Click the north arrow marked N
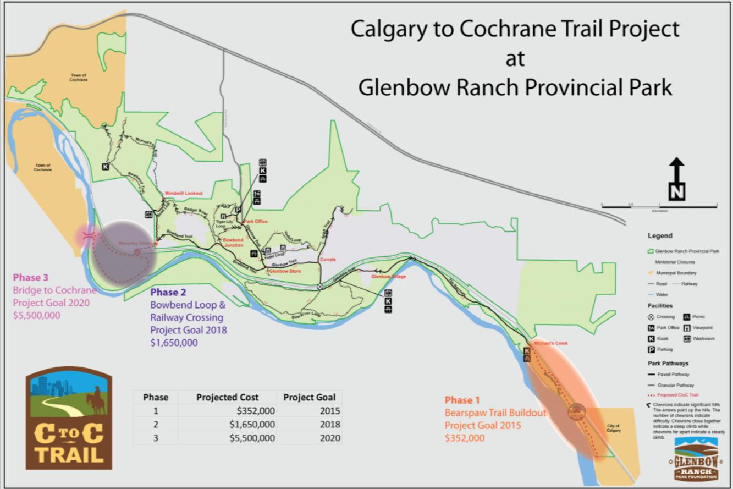pos(676,179)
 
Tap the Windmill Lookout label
pos(184,194)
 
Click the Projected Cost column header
pos(227,397)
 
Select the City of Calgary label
pos(613,428)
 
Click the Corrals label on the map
pos(327,259)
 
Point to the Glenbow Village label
pos(388,277)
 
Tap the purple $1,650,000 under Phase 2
pos(174,343)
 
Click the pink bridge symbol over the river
pos(87,235)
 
